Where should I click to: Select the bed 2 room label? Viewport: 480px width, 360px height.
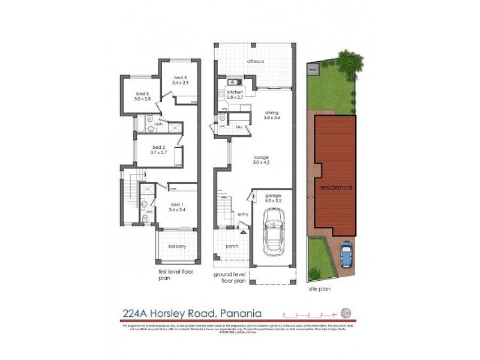158,150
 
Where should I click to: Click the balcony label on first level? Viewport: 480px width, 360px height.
176,247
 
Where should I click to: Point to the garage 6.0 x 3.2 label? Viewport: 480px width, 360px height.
273,199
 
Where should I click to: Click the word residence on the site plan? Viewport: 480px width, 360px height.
335,187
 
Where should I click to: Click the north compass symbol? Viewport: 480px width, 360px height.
345,312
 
